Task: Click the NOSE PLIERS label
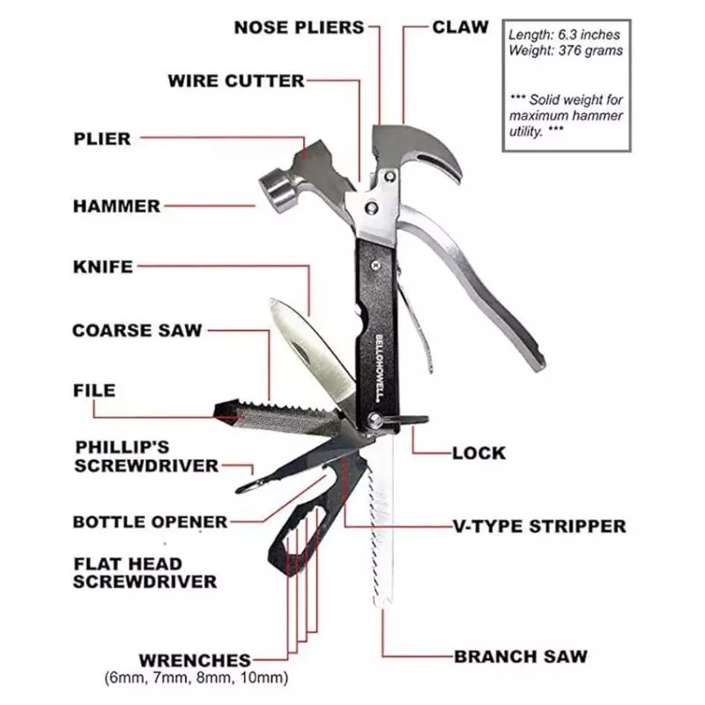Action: [299, 27]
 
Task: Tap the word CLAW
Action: [460, 27]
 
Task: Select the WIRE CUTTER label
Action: [236, 81]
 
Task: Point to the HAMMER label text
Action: [117, 206]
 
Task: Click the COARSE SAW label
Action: [137, 330]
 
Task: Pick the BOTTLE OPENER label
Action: [150, 522]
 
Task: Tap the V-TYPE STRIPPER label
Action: [539, 526]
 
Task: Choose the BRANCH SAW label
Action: [521, 657]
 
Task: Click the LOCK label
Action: [479, 453]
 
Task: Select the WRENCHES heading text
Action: [195, 660]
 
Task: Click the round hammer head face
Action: [274, 189]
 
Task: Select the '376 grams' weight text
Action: [590, 51]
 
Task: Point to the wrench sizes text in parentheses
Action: [196, 677]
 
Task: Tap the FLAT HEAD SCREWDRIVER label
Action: [145, 573]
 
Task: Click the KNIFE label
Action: [103, 267]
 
